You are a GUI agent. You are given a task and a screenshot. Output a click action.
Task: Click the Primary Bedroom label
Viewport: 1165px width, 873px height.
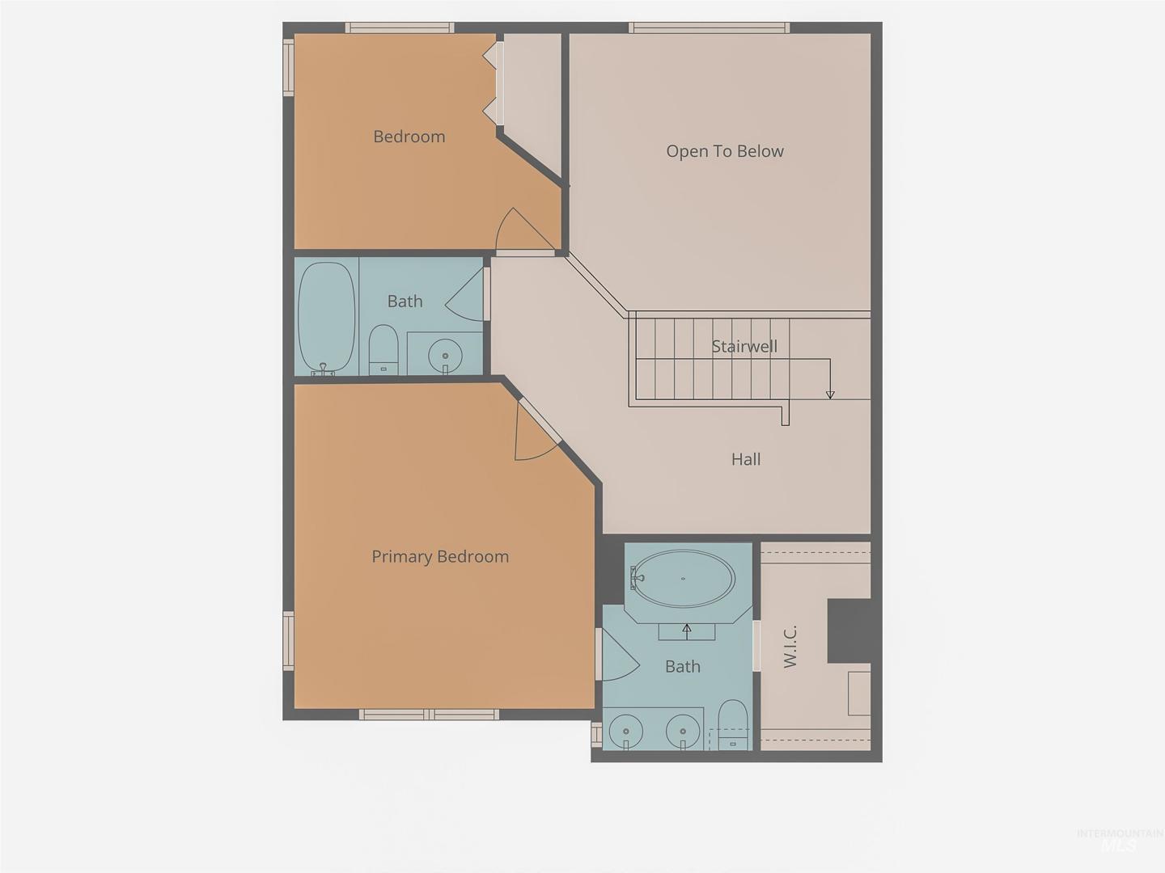point(440,557)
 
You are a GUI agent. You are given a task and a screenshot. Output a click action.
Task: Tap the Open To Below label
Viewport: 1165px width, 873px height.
point(724,151)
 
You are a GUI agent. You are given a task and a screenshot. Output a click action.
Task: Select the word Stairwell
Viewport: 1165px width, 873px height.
point(744,347)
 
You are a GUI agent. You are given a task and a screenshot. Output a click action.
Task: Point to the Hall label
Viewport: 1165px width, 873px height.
point(746,459)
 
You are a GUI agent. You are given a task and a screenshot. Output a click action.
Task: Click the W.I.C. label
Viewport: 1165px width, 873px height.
point(790,646)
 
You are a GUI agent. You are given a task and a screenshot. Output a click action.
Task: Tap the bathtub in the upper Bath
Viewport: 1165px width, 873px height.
point(326,318)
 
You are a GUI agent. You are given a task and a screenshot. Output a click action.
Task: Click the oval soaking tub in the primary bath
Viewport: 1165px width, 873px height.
point(683,578)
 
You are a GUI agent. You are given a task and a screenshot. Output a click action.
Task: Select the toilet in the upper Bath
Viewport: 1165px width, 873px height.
point(383,350)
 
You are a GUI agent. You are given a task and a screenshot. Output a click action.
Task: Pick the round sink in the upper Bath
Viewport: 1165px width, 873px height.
point(445,355)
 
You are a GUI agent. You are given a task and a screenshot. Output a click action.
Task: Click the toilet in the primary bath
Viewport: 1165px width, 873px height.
point(732,724)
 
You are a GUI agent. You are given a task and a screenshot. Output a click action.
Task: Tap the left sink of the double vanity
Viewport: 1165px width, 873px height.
point(625,732)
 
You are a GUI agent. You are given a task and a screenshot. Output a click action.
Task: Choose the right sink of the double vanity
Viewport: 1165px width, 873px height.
point(683,732)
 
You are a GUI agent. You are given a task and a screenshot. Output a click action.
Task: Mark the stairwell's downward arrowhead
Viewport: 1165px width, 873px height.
point(830,395)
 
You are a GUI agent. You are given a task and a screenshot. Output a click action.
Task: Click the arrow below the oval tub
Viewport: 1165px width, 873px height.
point(687,632)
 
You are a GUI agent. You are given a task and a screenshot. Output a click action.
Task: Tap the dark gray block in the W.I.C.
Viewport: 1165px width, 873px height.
point(849,630)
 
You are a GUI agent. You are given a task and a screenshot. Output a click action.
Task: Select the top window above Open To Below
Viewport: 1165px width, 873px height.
point(709,27)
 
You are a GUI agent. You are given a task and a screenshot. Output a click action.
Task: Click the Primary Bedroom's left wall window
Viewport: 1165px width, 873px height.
point(288,641)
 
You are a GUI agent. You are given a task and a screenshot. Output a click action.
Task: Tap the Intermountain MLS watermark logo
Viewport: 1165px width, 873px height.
point(1120,841)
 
